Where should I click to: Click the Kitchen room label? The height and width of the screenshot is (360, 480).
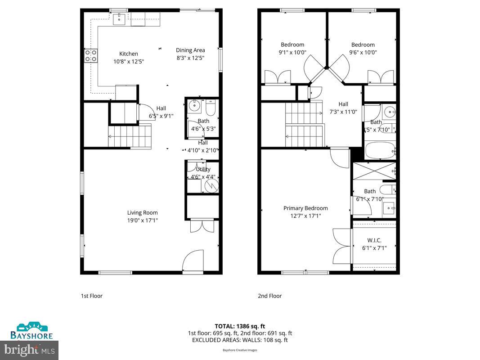(128, 54)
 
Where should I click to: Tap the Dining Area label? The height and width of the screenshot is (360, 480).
(190, 50)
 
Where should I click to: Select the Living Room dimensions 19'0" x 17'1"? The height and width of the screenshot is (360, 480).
(142, 220)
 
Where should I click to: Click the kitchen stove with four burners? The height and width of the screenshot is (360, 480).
(90, 55)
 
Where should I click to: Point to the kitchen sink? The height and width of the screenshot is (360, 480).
(119, 19)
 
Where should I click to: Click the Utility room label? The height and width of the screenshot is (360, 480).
(203, 169)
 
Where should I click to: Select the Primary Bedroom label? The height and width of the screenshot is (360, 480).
(305, 208)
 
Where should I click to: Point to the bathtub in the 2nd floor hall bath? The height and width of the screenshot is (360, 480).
(380, 151)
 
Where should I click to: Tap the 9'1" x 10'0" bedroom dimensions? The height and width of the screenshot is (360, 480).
(292, 52)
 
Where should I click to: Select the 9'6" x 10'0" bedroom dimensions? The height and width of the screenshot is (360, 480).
(363, 52)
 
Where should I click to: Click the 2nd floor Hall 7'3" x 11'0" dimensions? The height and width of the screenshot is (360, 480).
(343, 112)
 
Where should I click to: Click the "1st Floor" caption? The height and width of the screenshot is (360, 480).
(92, 296)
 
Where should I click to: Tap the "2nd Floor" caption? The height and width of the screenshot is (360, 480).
(269, 296)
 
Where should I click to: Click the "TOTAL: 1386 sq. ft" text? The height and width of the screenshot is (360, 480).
(240, 326)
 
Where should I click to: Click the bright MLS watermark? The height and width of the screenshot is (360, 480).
(29, 348)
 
